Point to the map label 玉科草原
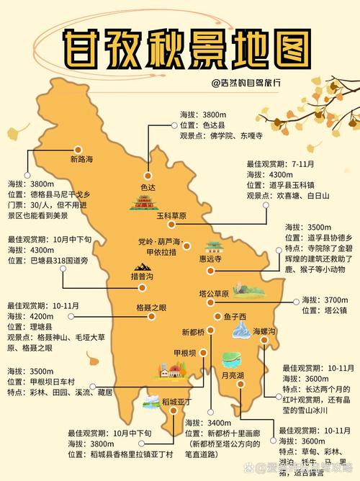[x=171, y=215]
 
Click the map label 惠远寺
[x=210, y=259]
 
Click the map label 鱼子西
[x=235, y=316]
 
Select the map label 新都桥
[x=193, y=331]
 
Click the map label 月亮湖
[x=233, y=375]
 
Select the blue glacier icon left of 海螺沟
[x=240, y=331]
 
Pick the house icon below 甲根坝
[x=171, y=371]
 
